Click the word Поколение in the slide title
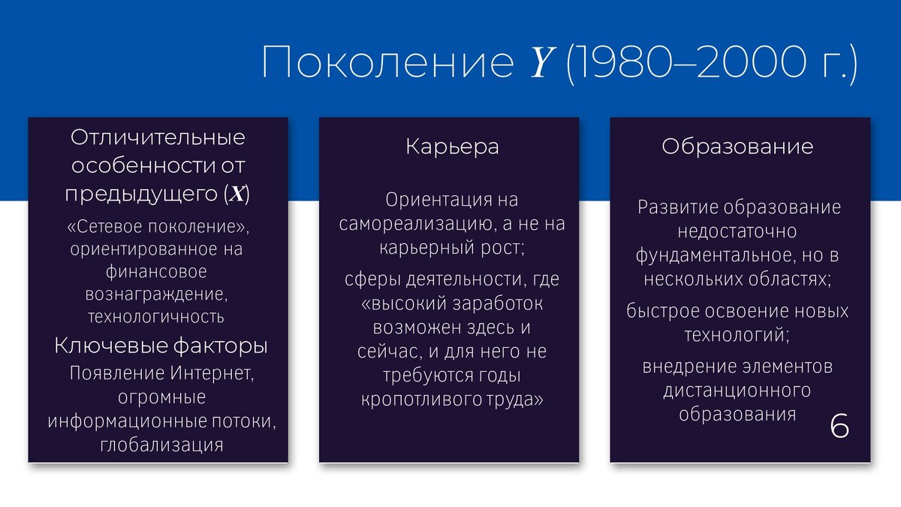point(387,64)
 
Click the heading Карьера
point(452,146)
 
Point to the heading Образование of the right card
point(737,146)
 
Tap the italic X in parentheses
point(237,194)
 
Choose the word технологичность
point(156,316)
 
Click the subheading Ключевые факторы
point(161,347)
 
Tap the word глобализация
point(161,444)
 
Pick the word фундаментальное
point(710,255)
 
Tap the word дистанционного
point(737,391)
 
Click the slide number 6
point(840,425)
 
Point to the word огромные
point(161,397)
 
